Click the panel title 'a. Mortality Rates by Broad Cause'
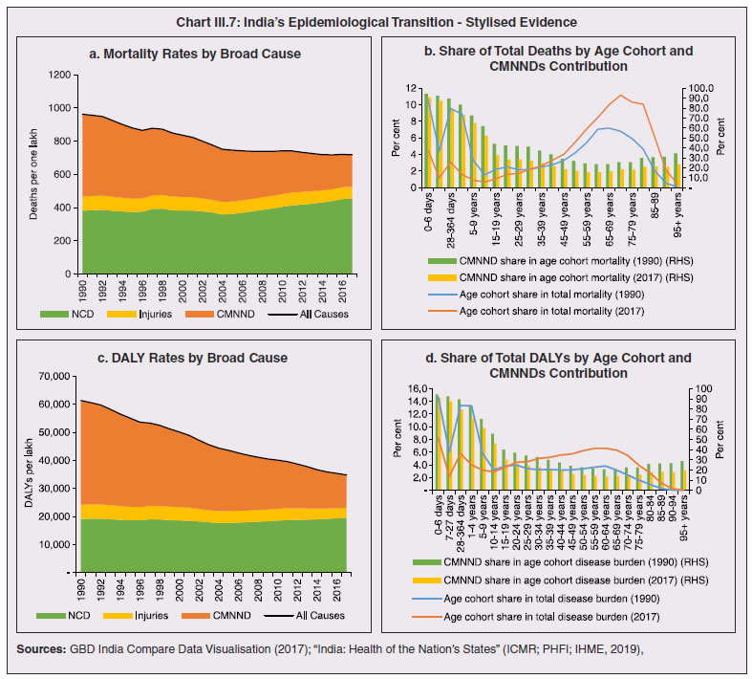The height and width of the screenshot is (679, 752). pos(188,55)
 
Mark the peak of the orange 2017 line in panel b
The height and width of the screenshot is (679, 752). pos(621,96)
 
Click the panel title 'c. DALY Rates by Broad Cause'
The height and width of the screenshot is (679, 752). pos(188,358)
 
